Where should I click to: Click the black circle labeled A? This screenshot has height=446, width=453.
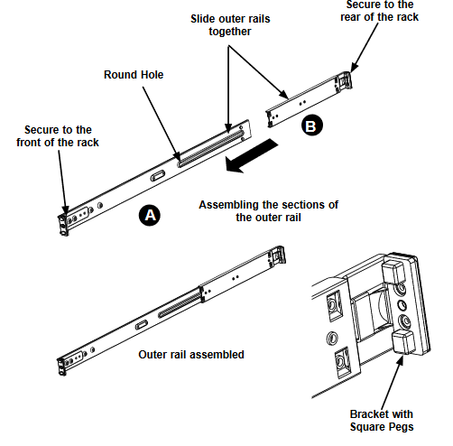tap(150, 215)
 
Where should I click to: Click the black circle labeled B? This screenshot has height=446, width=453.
tap(310, 127)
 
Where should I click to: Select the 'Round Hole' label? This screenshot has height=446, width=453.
tap(134, 75)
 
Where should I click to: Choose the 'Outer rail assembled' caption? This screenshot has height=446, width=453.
tap(191, 355)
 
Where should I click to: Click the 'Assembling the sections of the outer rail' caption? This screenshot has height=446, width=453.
tap(268, 210)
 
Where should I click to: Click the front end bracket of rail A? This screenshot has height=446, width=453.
tap(62, 221)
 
